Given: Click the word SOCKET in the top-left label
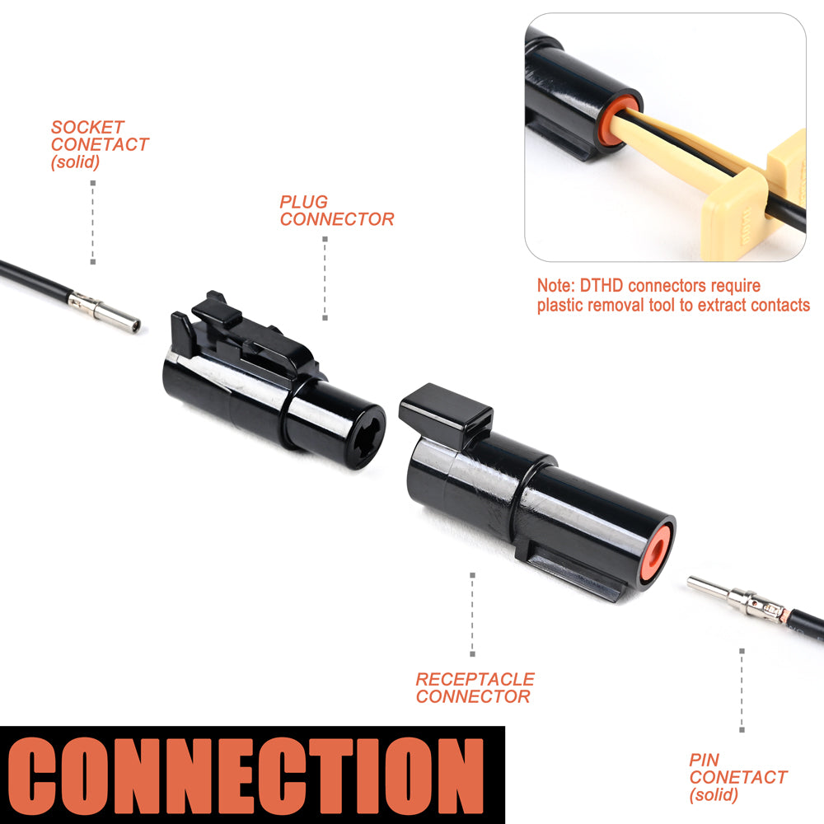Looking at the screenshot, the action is pyautogui.click(x=87, y=127).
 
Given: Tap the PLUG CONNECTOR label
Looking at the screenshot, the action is pyautogui.click(x=337, y=210).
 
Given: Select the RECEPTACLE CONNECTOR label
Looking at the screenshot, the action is pyautogui.click(x=475, y=688).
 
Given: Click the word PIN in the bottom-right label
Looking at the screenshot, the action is pyautogui.click(x=705, y=760).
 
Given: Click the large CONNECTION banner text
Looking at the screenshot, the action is pyautogui.click(x=246, y=775).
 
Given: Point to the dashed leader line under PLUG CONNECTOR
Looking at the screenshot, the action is pyautogui.click(x=325, y=278).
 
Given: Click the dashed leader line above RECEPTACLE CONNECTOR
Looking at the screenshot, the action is pyautogui.click(x=472, y=615).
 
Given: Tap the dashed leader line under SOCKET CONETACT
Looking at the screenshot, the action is pyautogui.click(x=93, y=222).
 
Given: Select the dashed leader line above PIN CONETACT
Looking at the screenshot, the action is pyautogui.click(x=742, y=690).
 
